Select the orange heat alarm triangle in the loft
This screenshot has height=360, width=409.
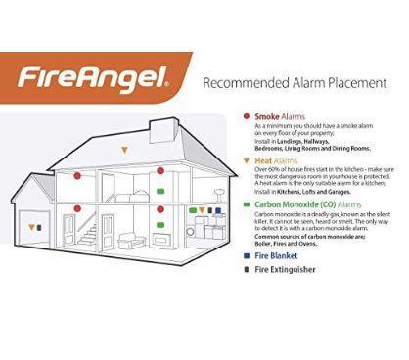pos(124,149)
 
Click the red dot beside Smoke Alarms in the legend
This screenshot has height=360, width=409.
pos(247,115)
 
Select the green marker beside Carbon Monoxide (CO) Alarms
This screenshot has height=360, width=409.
pos(247,205)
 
